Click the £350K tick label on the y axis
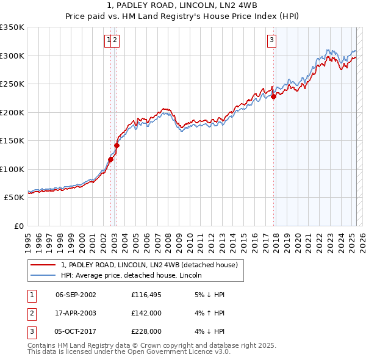coord(12,27)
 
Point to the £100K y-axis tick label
coord(12,169)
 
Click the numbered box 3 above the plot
coord(271,41)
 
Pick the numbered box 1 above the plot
coord(109,41)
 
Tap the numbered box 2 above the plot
coord(115,41)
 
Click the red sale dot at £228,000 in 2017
coord(274,96)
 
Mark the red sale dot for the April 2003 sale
coord(117,145)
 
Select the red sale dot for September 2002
coord(110,160)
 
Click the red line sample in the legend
coord(43,265)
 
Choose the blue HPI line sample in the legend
coord(43,276)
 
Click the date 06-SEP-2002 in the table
coord(76,295)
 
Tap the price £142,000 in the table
coord(146,313)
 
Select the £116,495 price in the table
coord(146,295)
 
